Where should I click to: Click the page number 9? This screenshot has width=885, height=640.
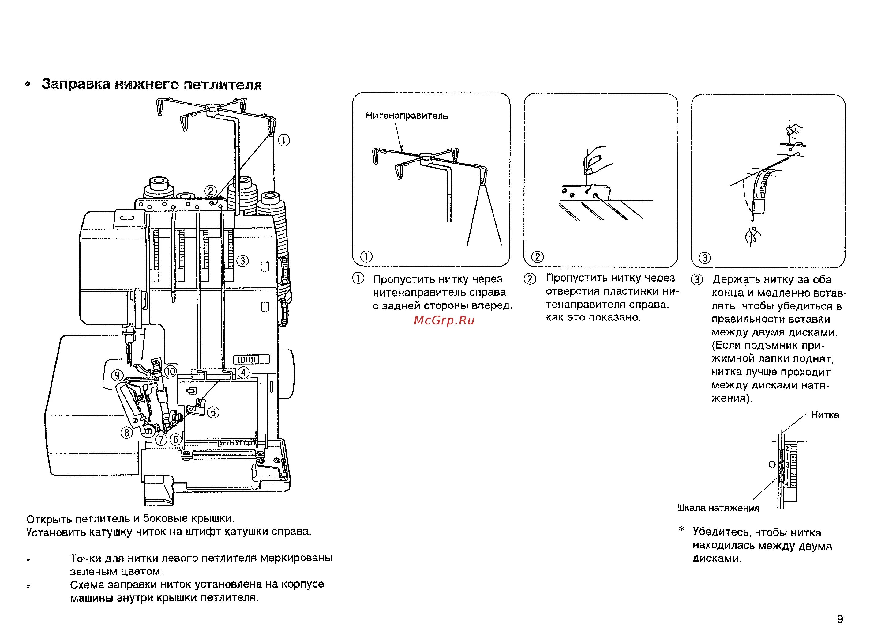(x=840, y=619)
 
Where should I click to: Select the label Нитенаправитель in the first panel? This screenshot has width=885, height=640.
(x=407, y=116)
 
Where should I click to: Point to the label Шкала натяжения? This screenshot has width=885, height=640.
(x=718, y=508)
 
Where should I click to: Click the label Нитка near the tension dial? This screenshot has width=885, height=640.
(x=825, y=415)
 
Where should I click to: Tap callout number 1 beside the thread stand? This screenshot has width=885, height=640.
(x=284, y=140)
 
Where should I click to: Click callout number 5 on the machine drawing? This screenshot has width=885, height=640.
(x=213, y=412)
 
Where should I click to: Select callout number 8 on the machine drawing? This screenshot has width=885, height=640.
(x=126, y=433)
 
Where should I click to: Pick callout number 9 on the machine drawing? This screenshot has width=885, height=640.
(x=117, y=375)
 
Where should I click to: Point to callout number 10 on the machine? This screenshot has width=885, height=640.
(x=171, y=371)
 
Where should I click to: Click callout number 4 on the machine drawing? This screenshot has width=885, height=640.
(x=243, y=372)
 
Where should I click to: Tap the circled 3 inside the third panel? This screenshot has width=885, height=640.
(x=704, y=258)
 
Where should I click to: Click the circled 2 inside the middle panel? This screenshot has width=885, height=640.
(x=537, y=257)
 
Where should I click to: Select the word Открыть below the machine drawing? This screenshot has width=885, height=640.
(x=49, y=519)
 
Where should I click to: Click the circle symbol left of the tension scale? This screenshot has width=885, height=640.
(x=772, y=465)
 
